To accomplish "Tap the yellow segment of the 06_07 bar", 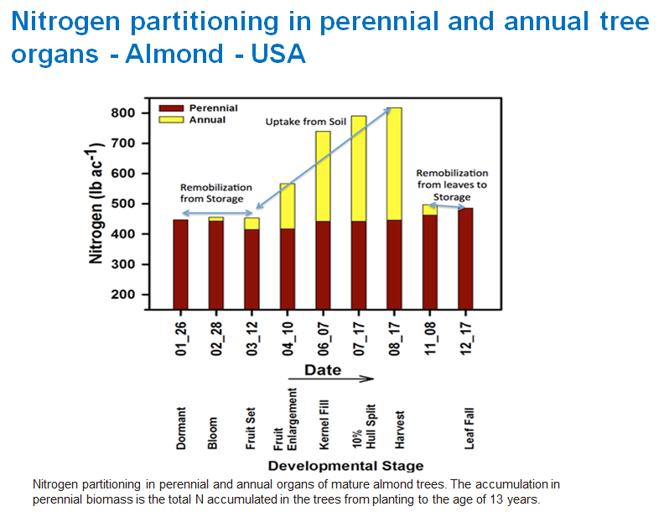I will [323, 176].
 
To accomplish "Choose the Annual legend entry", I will [206, 120].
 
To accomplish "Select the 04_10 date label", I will [288, 335].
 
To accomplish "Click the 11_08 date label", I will [430, 335].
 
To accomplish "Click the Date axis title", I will [322, 370].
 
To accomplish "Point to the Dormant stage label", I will [180, 428].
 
